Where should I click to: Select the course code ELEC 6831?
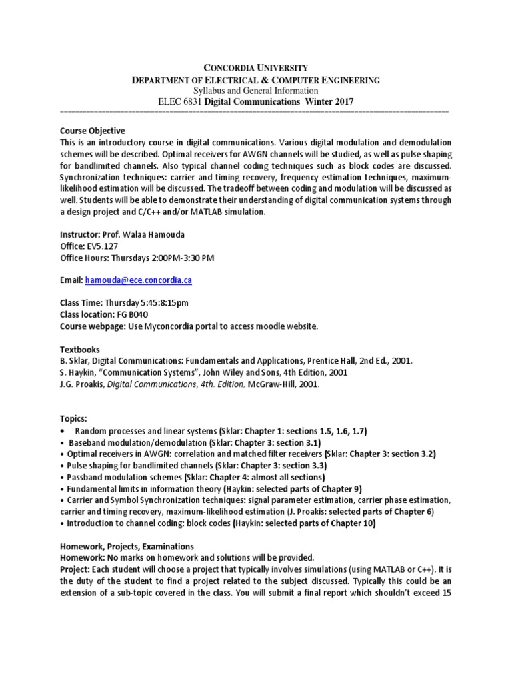tap(178, 101)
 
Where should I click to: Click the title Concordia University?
tap(255, 68)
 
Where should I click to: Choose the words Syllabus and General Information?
tap(255, 91)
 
